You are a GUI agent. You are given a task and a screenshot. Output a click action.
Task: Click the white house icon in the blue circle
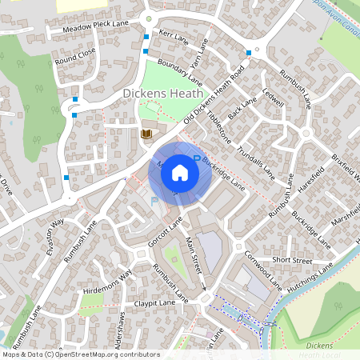tap(179, 171)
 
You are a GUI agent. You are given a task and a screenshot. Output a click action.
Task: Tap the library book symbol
tap(146, 134)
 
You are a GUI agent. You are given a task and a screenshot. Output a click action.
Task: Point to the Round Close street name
tap(75, 54)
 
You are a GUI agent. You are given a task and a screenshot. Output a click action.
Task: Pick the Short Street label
tap(291, 260)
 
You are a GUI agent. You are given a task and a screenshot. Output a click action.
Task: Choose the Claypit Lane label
tap(155, 304)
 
